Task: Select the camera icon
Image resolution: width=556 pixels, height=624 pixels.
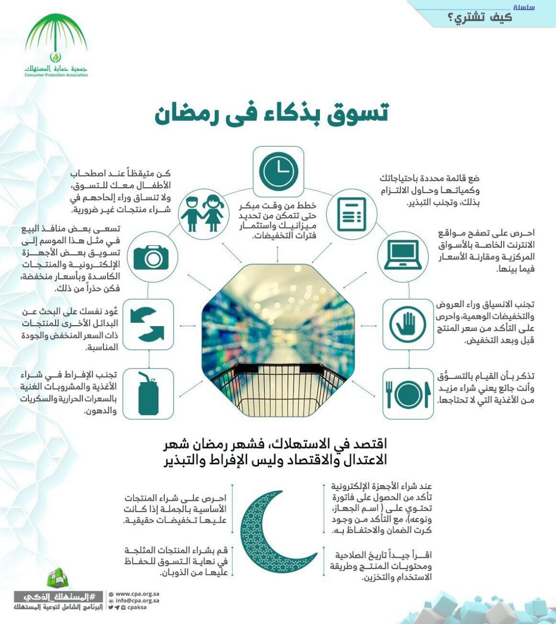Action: [151, 256]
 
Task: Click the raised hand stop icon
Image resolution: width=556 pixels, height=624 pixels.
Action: [408, 324]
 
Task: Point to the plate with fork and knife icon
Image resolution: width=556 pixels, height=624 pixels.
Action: [408, 394]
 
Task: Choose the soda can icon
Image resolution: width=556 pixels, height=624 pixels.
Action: [148, 394]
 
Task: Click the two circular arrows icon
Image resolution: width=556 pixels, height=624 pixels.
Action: [148, 324]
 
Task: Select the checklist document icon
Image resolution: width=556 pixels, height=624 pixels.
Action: [352, 214]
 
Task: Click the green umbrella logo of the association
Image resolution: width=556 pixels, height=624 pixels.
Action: [56, 39]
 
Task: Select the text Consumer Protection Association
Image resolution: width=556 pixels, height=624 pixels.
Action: [56, 75]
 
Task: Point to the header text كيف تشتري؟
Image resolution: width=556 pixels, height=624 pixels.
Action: [479, 18]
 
